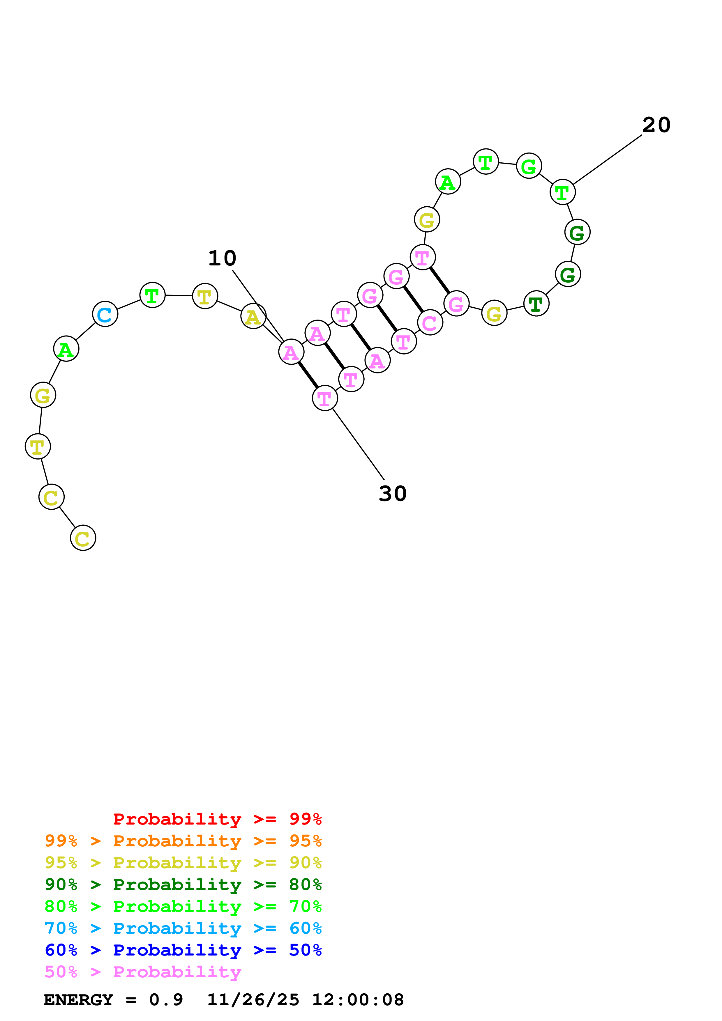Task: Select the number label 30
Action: tap(392, 494)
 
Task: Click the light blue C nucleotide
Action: tap(105, 314)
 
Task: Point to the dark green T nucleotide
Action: tap(536, 304)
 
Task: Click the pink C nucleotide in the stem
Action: tap(430, 323)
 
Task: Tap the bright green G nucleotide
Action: tap(529, 166)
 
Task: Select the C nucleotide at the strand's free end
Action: tap(83, 538)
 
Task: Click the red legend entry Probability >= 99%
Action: tap(217, 819)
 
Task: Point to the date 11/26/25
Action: tap(253, 1000)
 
